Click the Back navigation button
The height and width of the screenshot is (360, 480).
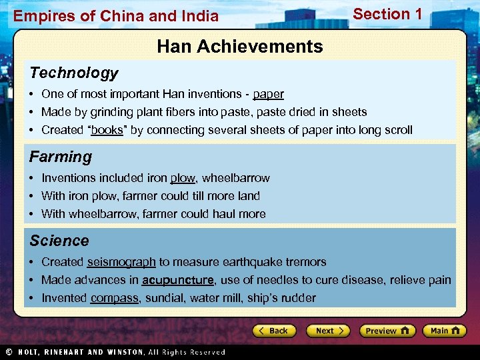point(273,331)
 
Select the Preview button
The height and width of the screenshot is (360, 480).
point(387,331)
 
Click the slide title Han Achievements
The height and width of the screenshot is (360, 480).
point(240,47)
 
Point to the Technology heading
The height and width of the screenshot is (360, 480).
point(73,73)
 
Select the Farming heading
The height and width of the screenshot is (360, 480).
point(61,157)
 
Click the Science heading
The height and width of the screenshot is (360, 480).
point(59,241)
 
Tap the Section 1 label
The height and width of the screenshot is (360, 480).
point(387,14)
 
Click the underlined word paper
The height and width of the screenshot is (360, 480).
point(268,94)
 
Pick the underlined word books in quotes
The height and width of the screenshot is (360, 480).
point(107,130)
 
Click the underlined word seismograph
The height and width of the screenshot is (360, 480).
point(121,262)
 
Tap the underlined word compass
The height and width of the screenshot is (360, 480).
point(115,298)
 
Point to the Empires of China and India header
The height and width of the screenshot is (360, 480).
point(116,16)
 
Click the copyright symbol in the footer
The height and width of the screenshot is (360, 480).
point(9,352)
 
